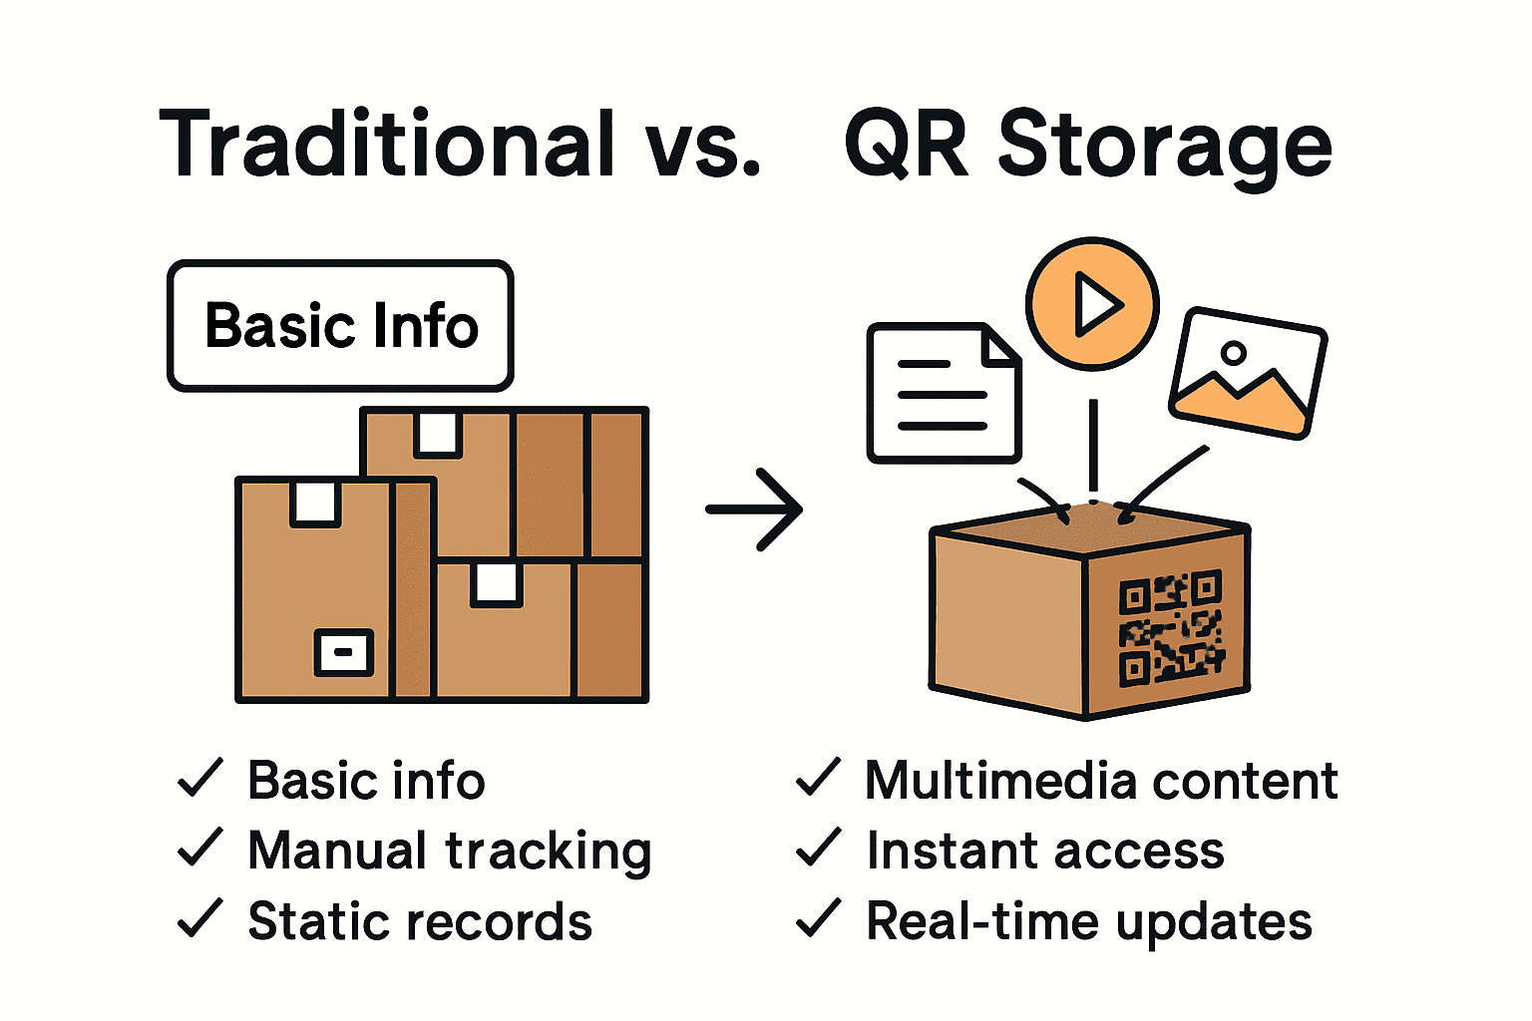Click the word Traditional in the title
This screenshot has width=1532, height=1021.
click(x=387, y=145)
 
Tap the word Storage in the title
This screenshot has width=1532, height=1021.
click(x=1164, y=147)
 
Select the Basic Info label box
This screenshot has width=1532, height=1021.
click(x=340, y=326)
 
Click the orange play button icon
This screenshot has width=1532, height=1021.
click(x=1092, y=303)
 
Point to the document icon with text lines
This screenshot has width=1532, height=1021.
click(x=943, y=393)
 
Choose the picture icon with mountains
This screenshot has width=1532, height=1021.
click(x=1247, y=373)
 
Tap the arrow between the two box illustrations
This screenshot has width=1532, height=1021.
click(x=754, y=509)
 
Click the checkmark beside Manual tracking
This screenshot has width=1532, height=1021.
click(x=199, y=849)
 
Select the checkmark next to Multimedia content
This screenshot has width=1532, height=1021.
click(x=818, y=778)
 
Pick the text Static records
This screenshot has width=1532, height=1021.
click(x=419, y=921)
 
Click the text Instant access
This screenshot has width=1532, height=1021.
click(x=1044, y=851)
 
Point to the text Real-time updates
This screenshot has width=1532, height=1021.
click(x=1088, y=921)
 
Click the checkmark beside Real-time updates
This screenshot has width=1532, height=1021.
click(x=818, y=919)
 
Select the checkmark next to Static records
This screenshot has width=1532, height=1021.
click(x=199, y=919)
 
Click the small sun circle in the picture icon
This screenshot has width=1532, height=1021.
click(x=1234, y=352)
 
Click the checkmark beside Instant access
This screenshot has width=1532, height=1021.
click(x=818, y=849)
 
